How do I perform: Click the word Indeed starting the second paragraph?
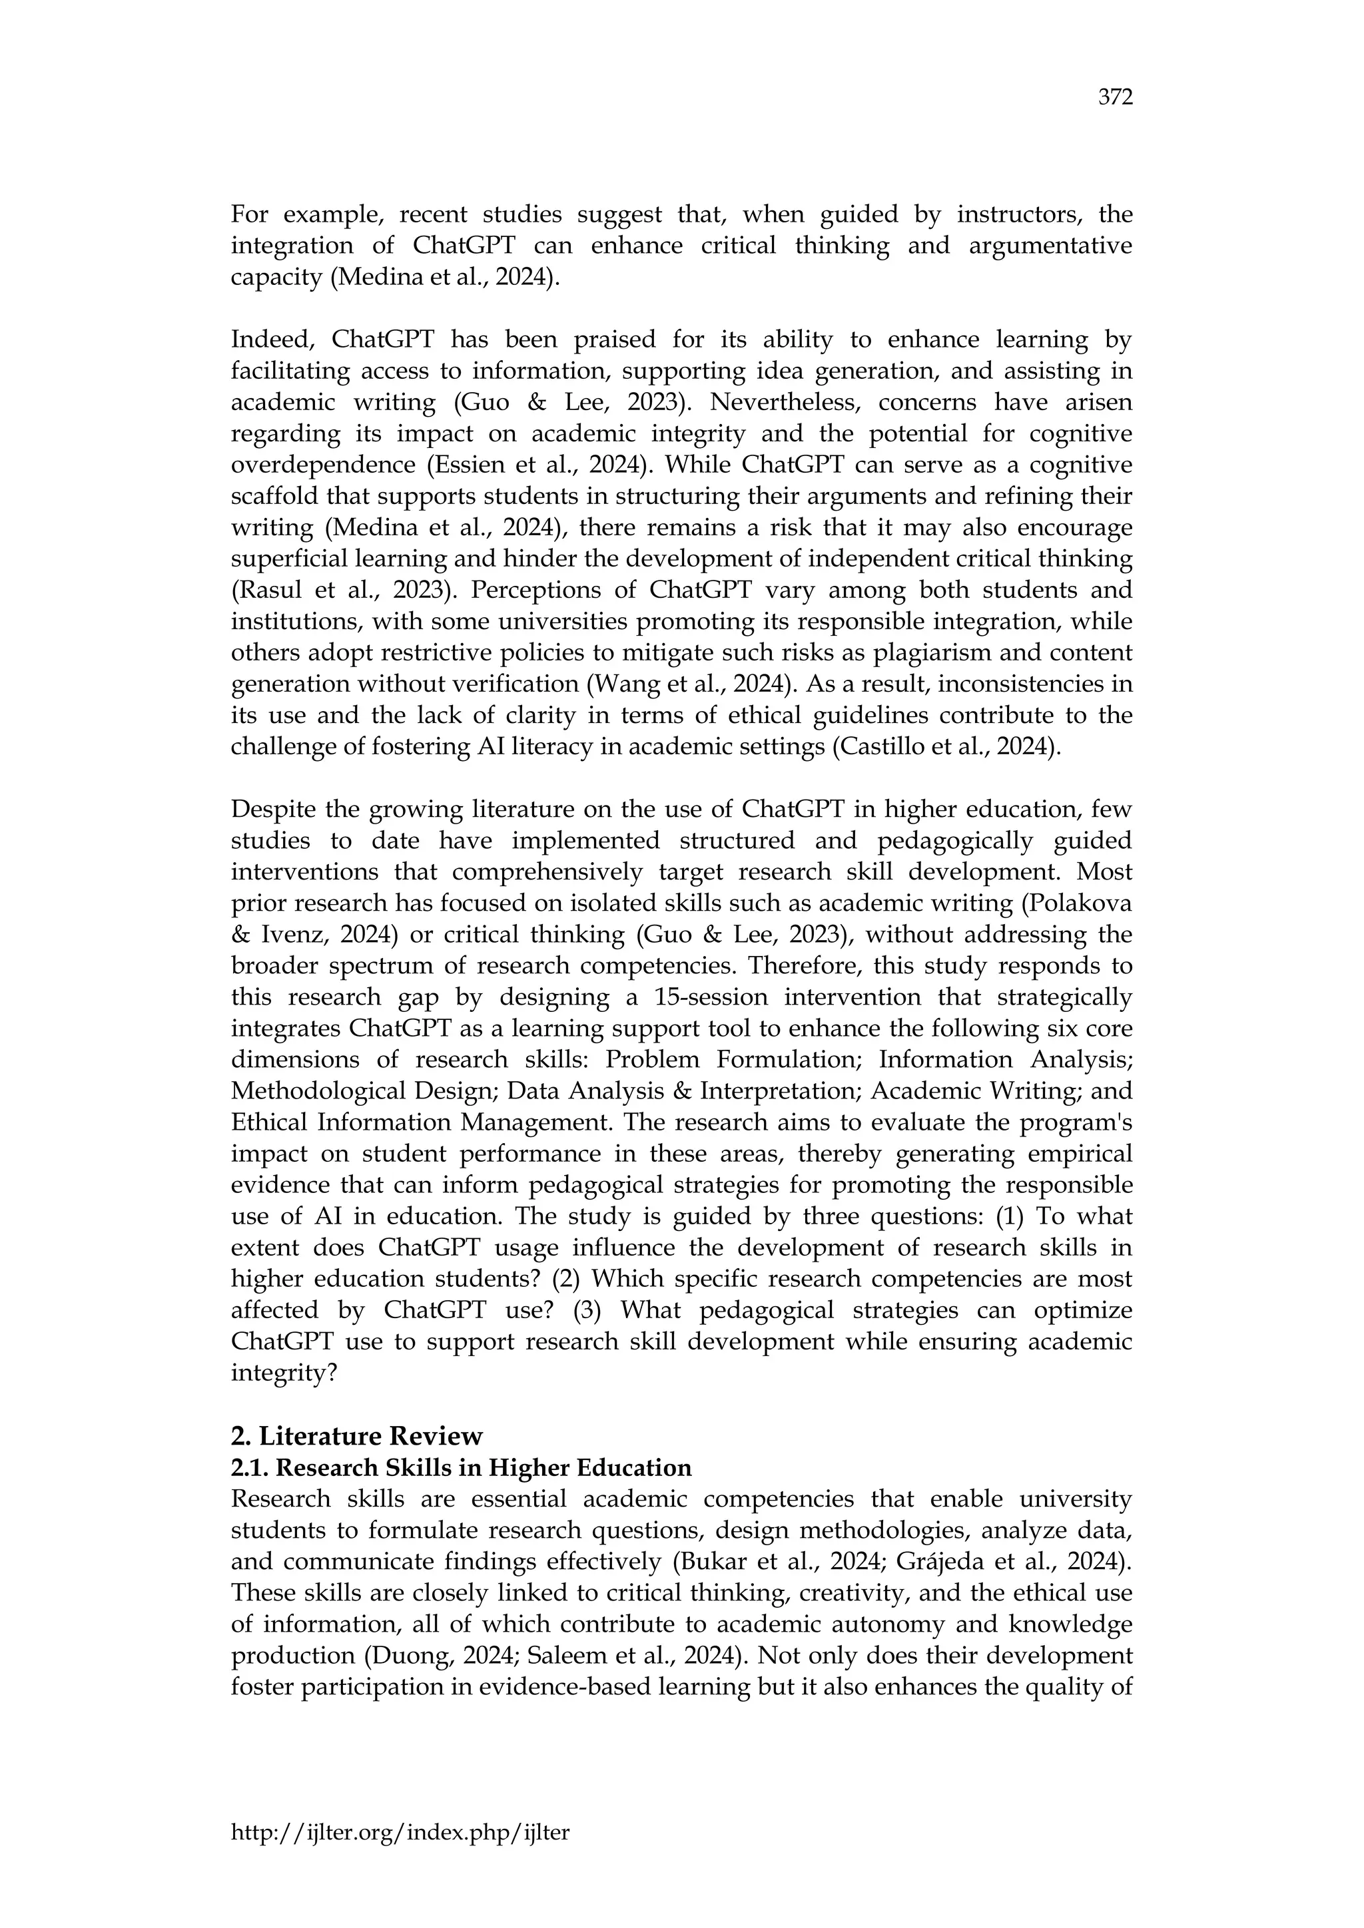pos(271,340)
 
